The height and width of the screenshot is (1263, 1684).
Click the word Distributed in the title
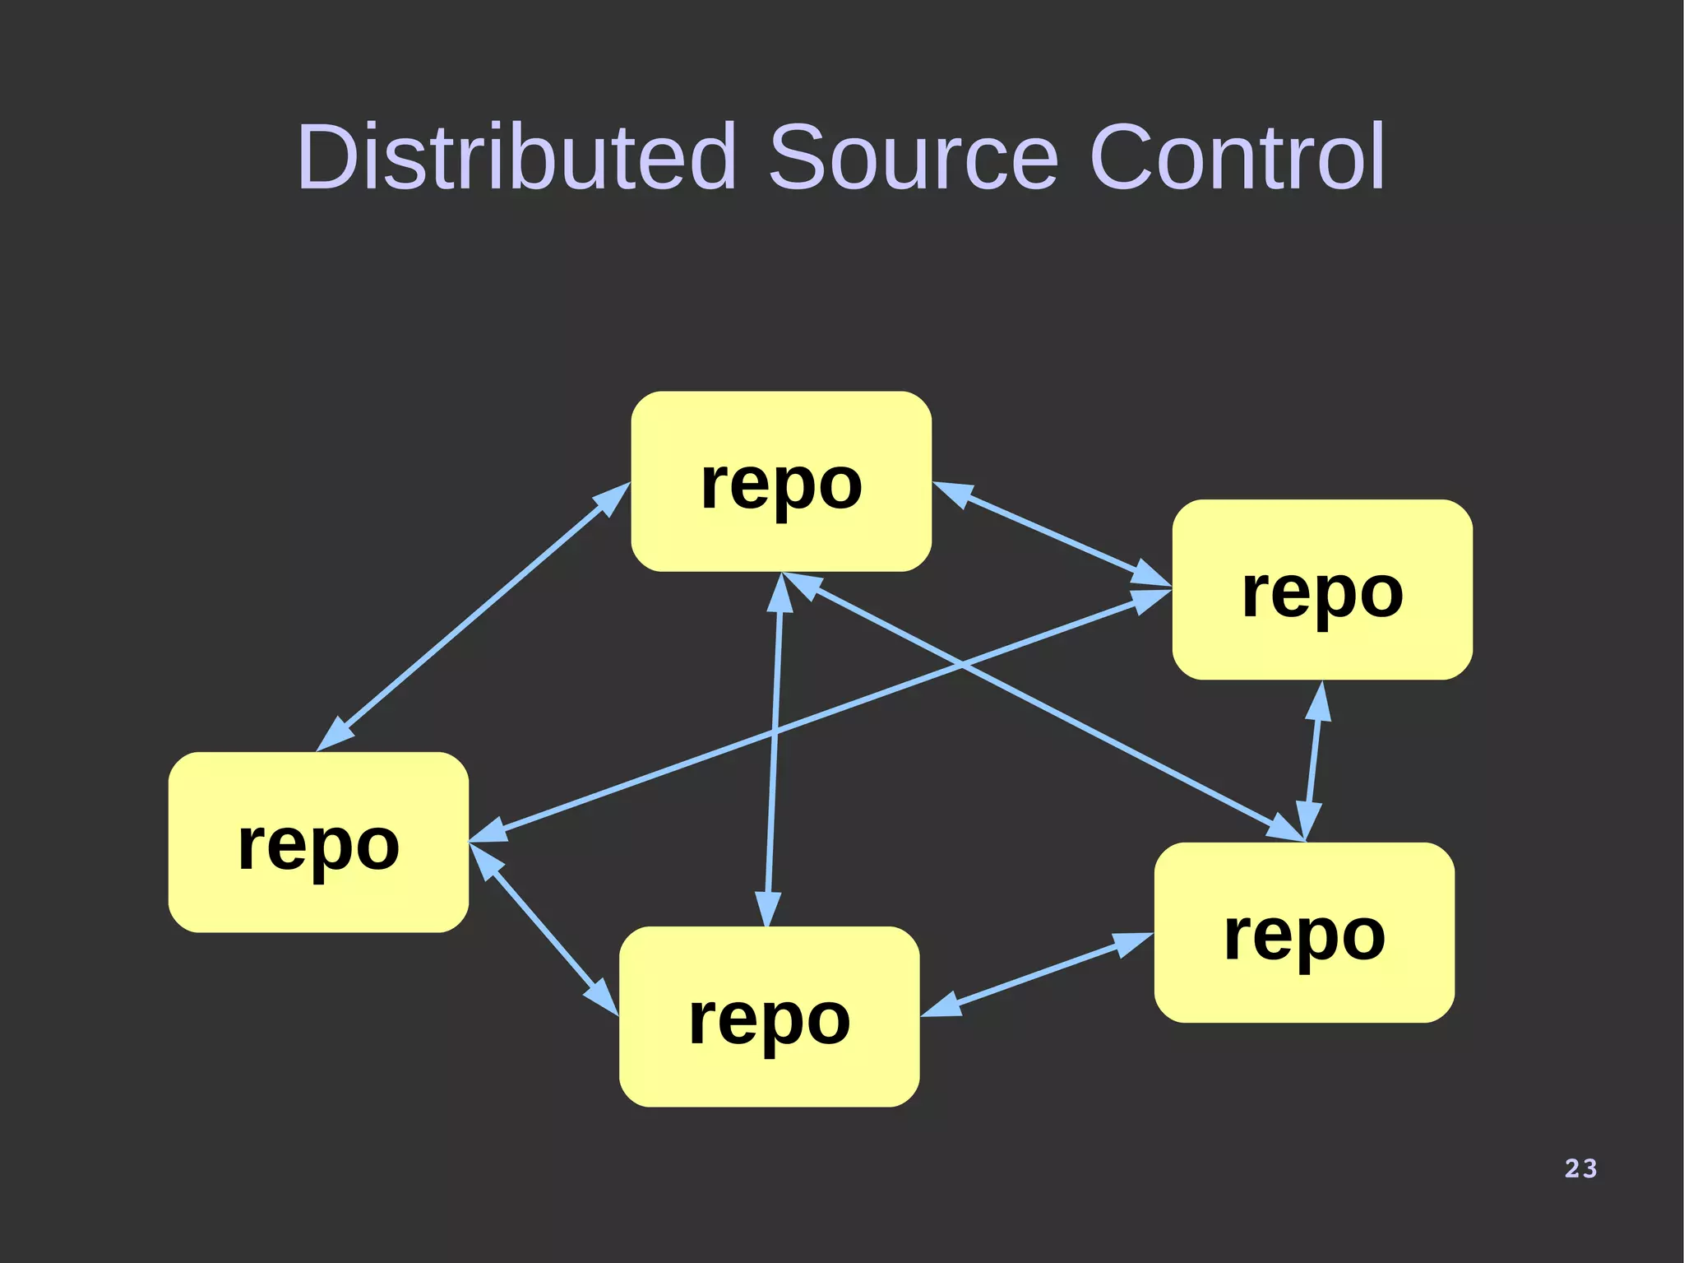pos(516,156)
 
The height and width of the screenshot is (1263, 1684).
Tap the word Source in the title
pos(913,156)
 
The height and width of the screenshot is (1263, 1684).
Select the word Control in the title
pos(1237,156)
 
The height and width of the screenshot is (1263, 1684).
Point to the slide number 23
pos(1580,1168)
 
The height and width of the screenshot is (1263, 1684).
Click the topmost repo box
pos(781,481)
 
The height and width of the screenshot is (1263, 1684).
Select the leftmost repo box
pos(318,842)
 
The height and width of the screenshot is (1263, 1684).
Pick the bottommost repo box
pos(769,1016)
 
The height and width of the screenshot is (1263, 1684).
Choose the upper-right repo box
pos(1322,589)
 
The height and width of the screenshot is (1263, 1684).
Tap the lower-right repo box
pos(1304,932)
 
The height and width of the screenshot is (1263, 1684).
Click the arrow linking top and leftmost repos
pos(473,617)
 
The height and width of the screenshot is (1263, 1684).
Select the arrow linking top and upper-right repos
pos(1052,534)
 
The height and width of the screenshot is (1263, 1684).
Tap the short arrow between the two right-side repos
pos(1313,761)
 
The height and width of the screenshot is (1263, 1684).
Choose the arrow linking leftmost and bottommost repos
pos(543,930)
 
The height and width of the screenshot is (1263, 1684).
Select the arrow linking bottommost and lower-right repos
pos(1036,975)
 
